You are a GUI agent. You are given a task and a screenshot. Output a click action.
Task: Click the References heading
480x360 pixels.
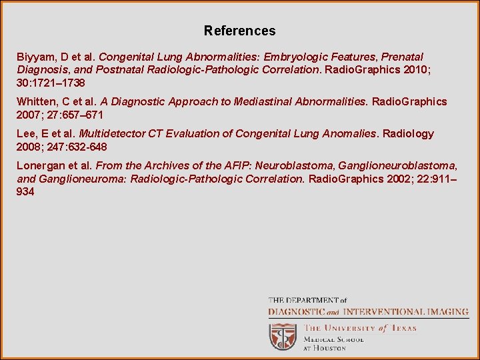click(x=239, y=31)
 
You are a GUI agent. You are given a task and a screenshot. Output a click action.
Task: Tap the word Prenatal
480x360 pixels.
click(x=402, y=57)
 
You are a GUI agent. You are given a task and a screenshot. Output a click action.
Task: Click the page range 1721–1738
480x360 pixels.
click(x=62, y=83)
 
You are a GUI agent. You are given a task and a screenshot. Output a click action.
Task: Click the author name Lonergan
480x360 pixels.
click(x=41, y=165)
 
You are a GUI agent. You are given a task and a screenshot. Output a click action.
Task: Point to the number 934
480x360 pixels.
click(x=25, y=192)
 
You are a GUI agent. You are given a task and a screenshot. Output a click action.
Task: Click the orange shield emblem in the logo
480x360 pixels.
click(x=283, y=337)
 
